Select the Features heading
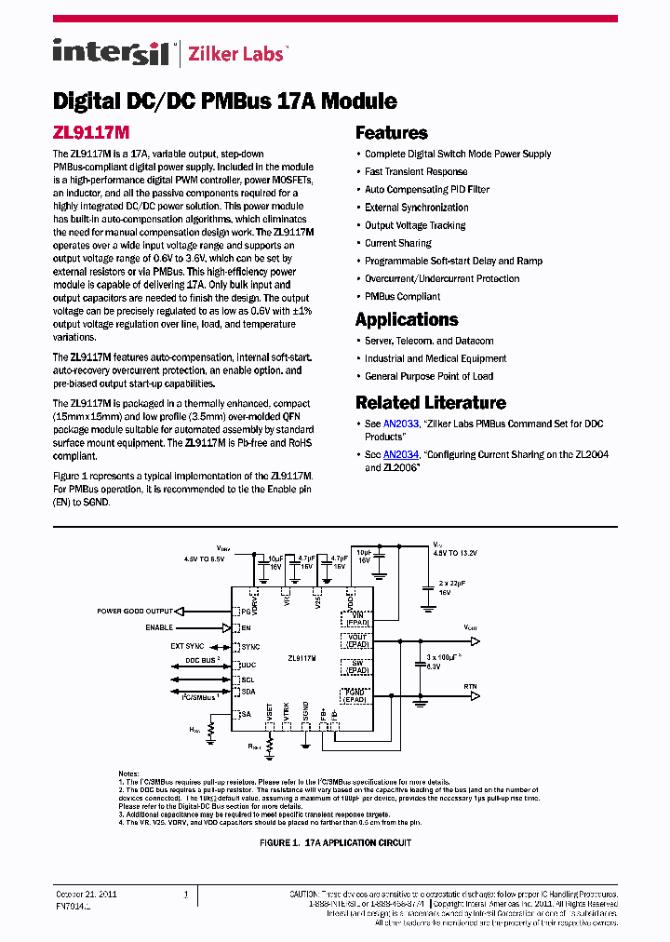tap(391, 133)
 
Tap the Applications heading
tap(407, 319)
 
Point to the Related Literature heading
tap(430, 403)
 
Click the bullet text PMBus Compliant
tap(402, 297)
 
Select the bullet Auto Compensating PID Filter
tap(426, 190)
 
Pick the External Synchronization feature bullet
tap(416, 208)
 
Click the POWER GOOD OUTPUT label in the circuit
tap(135, 612)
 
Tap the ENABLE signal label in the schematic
tap(159, 628)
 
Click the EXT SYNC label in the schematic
tap(187, 646)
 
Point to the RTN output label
tap(471, 685)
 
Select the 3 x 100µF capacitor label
tap(443, 657)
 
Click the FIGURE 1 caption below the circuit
tap(335, 842)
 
